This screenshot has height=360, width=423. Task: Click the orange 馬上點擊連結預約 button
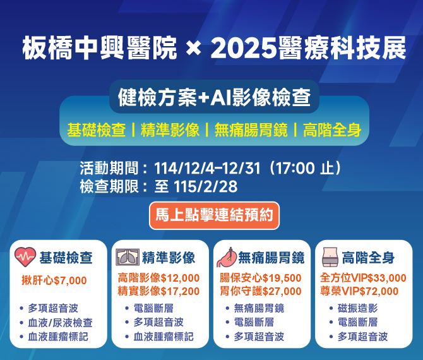[213, 215]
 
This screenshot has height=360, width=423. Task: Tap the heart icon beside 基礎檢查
[25, 258]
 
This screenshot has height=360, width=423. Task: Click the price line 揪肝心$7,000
[54, 280]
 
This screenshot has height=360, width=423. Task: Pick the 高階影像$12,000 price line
[158, 278]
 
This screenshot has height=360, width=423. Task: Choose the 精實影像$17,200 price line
[158, 291]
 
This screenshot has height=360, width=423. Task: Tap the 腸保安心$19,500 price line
[260, 278]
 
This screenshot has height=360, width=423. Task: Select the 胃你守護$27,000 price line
[260, 291]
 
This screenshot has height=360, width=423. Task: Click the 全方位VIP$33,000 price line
[363, 278]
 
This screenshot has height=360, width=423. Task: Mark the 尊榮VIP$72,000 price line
[359, 291]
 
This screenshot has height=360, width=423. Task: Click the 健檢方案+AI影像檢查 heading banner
[213, 98]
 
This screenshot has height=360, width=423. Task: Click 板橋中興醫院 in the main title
[100, 47]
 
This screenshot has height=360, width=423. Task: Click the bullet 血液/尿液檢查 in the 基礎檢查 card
[60, 322]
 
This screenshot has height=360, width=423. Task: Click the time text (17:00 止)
[306, 169]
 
